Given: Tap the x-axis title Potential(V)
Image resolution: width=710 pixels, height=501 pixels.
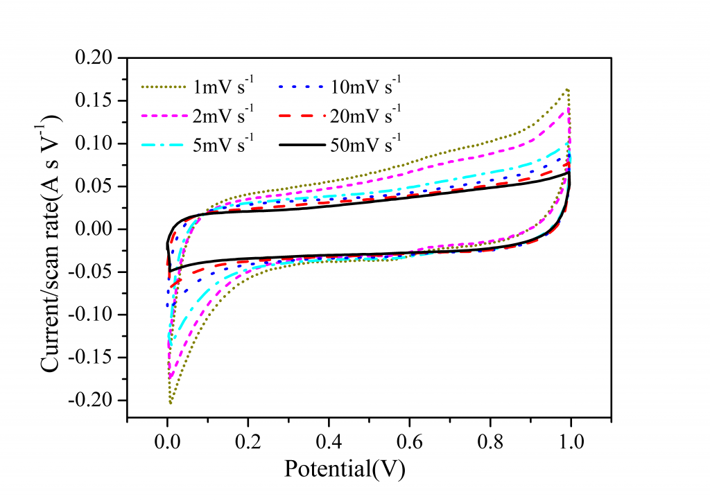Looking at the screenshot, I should [x=345, y=469].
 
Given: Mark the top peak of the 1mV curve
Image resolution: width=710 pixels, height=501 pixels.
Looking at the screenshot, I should [x=568, y=89].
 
